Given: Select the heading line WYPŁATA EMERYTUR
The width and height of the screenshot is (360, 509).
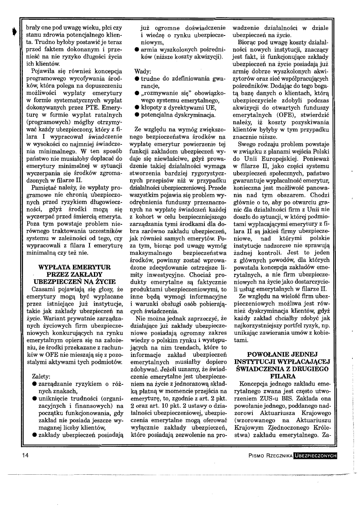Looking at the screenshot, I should click(x=74, y=267).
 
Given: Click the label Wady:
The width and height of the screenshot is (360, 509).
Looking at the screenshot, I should click(x=143, y=71).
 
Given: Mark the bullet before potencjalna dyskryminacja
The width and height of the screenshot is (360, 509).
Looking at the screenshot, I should click(x=137, y=115).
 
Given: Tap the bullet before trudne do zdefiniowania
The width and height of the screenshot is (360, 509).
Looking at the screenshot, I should click(x=137, y=79).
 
